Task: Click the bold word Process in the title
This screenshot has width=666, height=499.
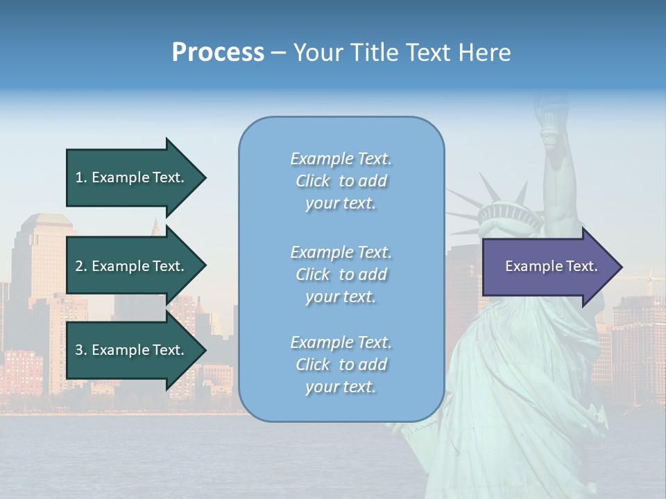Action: tap(218, 53)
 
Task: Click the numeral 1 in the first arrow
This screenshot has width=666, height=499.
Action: tap(79, 178)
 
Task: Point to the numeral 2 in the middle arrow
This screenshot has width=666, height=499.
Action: tap(79, 267)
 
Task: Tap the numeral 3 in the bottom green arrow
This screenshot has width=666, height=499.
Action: tap(79, 351)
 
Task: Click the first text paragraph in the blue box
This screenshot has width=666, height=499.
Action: tap(341, 181)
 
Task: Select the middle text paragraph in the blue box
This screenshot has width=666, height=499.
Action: tap(341, 274)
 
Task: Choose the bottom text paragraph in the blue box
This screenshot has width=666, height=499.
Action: tap(341, 365)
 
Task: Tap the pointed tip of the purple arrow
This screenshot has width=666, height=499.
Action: tap(620, 267)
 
